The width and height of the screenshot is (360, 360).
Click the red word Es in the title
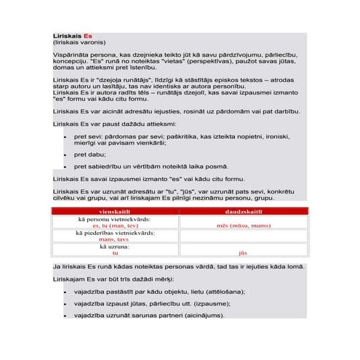coord(87,36)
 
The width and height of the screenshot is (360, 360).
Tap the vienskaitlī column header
coord(115,211)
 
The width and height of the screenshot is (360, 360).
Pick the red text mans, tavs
coord(114,239)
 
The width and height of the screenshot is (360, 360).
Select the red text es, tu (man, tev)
coord(115,225)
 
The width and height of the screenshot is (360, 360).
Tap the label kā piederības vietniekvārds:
coord(115,233)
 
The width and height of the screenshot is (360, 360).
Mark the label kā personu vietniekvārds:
coord(115,219)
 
